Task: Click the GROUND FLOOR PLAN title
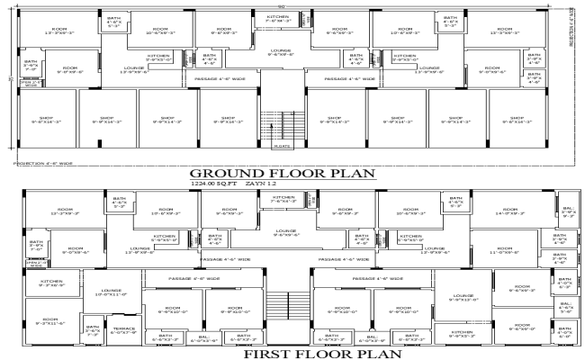pyautogui.click(x=292, y=173)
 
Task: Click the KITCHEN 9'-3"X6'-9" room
pyautogui.click(x=50, y=283)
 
